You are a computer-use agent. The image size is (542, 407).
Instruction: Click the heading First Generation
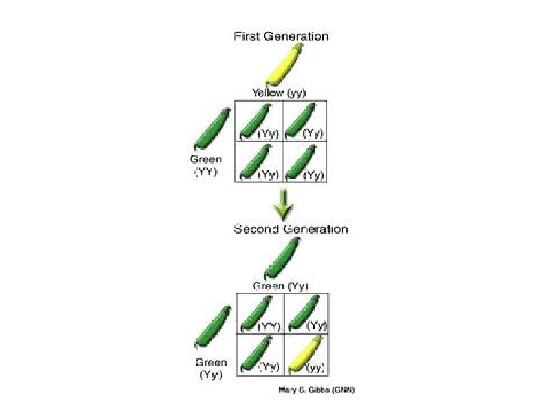tap(282, 35)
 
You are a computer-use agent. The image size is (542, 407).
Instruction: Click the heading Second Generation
tap(291, 228)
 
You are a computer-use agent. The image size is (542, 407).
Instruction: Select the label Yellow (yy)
tap(279, 93)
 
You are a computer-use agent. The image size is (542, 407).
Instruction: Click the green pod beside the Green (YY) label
tap(213, 128)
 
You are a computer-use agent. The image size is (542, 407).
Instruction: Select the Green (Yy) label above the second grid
tap(280, 286)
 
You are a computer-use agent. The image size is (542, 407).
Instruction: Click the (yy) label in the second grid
tap(315, 368)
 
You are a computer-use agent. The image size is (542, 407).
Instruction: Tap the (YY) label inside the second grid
tap(269, 327)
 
